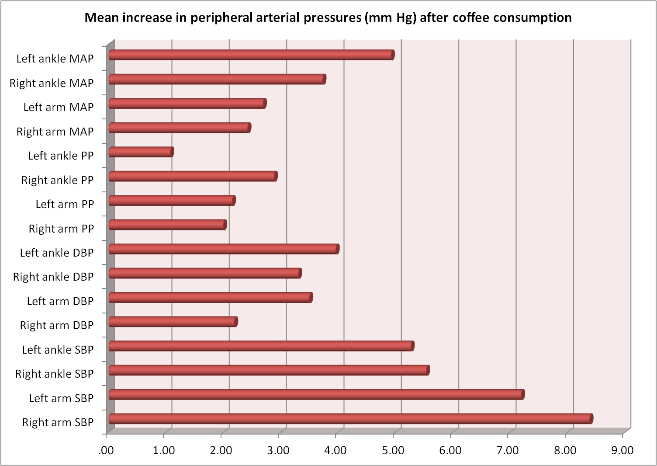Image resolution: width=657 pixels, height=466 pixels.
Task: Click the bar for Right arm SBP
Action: tap(349, 419)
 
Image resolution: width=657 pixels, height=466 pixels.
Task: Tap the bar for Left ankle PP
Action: tap(141, 152)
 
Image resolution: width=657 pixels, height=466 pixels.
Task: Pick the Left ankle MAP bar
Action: tap(251, 55)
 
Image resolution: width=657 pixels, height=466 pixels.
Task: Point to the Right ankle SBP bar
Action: tap(268, 370)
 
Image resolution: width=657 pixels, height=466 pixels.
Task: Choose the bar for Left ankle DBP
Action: tap(223, 249)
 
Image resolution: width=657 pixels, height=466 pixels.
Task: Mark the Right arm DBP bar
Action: tap(173, 322)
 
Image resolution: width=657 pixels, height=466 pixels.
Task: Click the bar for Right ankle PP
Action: tap(192, 176)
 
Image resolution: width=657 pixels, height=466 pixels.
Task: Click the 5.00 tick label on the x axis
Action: tap(393, 451)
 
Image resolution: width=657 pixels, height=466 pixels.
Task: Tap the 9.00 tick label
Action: tap(622, 451)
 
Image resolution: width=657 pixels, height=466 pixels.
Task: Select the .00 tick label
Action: tap(106, 451)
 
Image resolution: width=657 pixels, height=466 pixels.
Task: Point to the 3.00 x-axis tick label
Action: tap(278, 451)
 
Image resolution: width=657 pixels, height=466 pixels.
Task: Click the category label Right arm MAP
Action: tap(55, 132)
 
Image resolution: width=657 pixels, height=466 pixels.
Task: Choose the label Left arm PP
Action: tap(65, 204)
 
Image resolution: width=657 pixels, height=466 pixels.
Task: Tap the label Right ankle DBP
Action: tap(53, 277)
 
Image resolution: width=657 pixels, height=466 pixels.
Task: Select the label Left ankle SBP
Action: tap(58, 350)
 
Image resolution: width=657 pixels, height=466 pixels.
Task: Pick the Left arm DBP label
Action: tap(60, 301)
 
